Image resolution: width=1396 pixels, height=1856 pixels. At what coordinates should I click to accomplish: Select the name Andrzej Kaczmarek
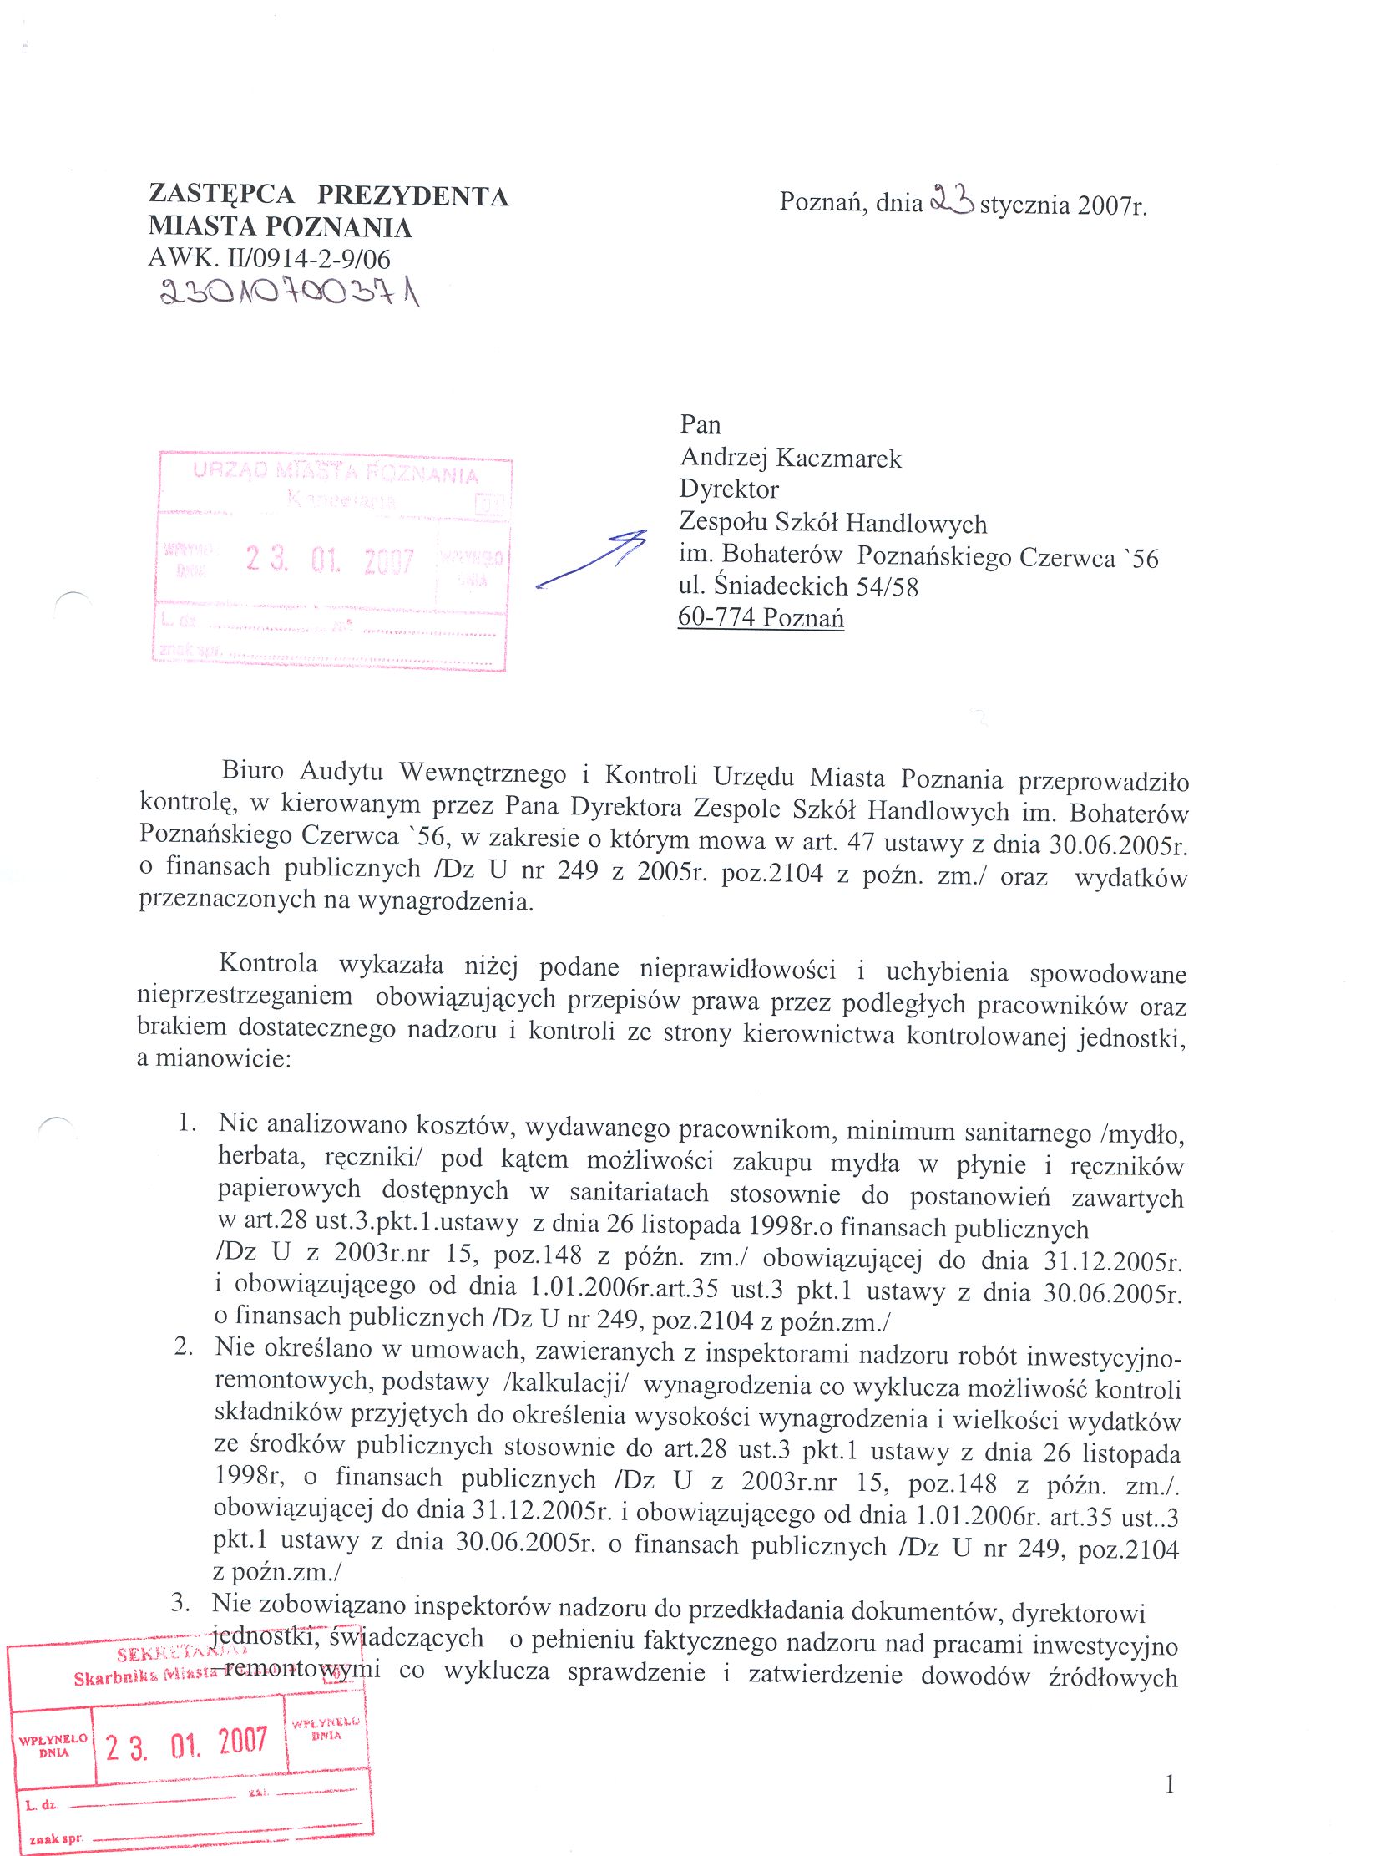pos(791,457)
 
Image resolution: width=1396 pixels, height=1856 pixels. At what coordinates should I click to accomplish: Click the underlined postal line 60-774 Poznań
pos(761,617)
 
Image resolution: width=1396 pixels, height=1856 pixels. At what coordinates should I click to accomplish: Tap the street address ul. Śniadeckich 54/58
pos(798,586)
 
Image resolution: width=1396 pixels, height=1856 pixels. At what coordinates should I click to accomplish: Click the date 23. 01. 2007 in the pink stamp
pos(331,559)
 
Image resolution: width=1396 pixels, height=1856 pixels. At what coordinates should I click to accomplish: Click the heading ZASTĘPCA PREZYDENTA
pos(328,195)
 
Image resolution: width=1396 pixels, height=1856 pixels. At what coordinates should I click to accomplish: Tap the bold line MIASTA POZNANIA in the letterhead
pos(281,226)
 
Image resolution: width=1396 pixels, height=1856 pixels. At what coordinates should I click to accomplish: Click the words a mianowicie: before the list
pos(214,1059)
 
